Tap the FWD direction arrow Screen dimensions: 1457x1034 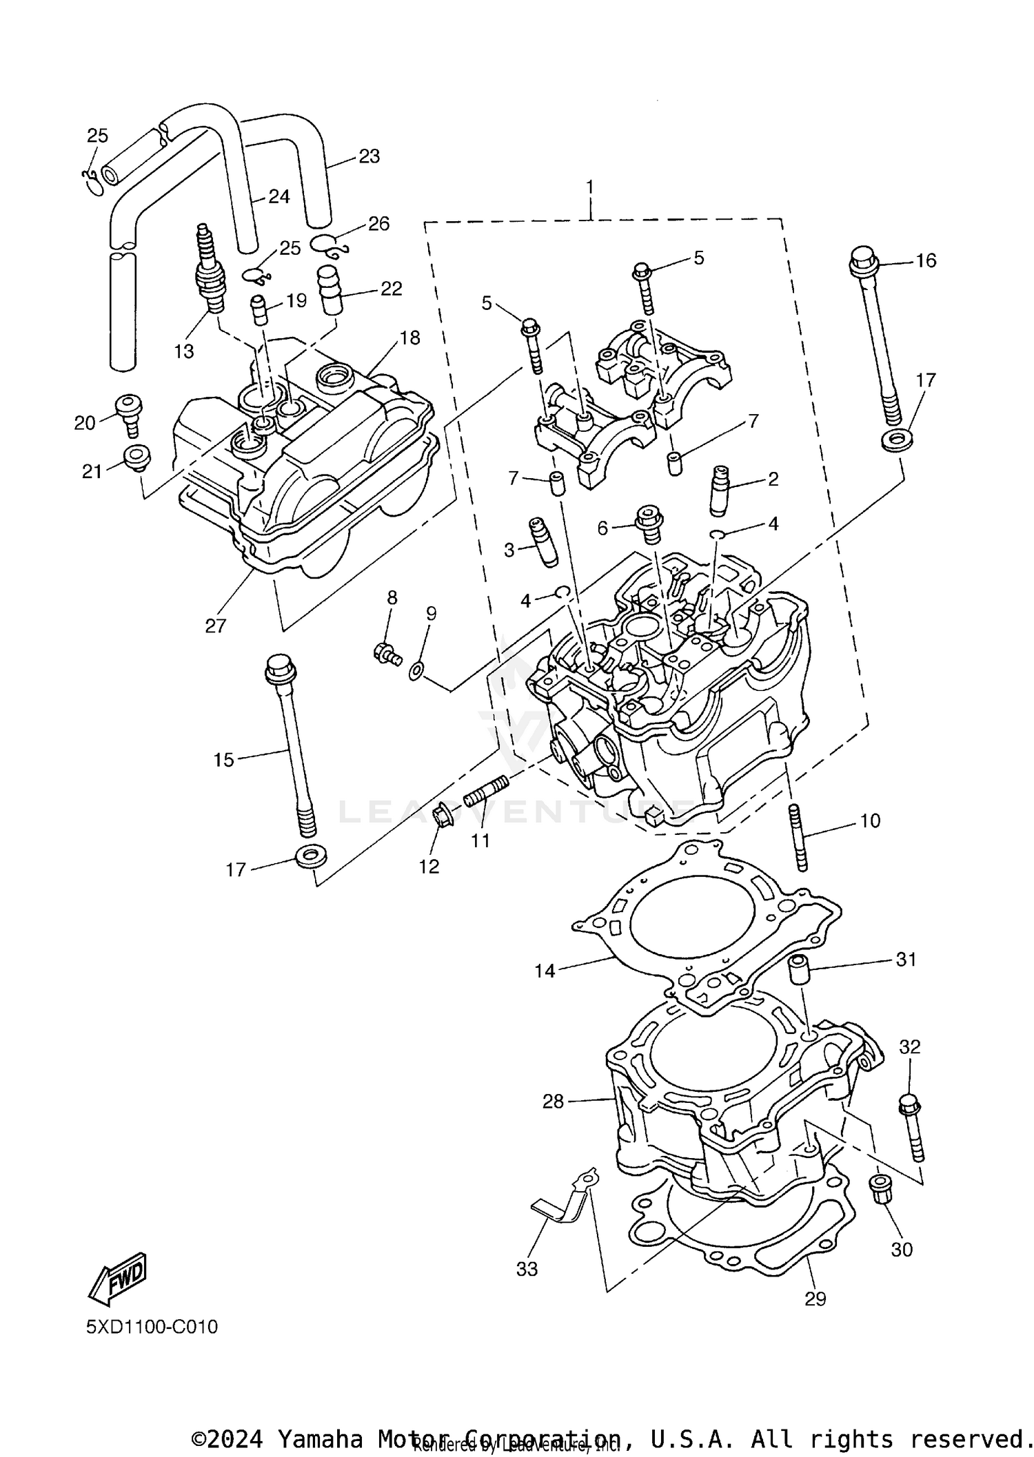click(117, 1278)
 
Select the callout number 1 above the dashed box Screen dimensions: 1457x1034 click(589, 187)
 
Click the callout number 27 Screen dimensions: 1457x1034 click(215, 626)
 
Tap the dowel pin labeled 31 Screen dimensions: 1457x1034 click(799, 971)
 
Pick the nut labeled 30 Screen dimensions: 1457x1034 click(880, 1188)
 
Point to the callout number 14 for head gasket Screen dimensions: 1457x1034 click(545, 971)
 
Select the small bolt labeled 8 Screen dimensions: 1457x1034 click(387, 652)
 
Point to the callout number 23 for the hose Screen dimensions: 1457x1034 click(369, 156)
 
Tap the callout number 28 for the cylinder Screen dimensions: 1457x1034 click(553, 1102)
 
